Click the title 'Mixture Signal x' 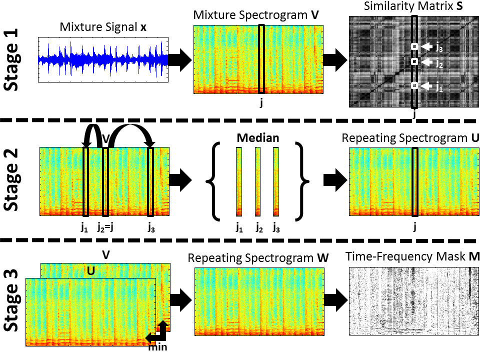tap(103, 28)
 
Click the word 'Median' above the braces tap(258, 138)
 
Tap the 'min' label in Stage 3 tap(158, 347)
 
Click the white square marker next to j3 tap(414, 47)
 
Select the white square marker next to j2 tap(414, 61)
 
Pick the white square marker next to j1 tap(414, 86)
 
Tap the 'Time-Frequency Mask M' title tap(413, 257)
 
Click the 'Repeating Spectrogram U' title tap(411, 137)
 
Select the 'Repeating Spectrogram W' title tap(258, 258)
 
